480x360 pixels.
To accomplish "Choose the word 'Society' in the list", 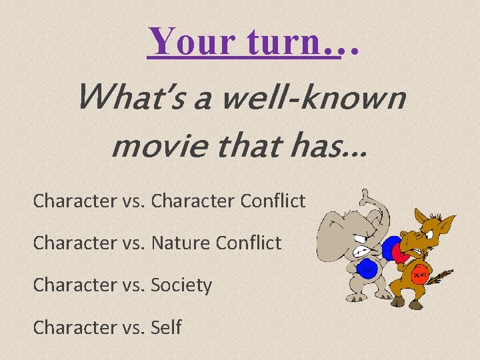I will coord(181,285).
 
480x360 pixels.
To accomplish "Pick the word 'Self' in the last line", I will coord(167,328).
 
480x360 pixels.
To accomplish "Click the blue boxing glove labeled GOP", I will coord(366,268).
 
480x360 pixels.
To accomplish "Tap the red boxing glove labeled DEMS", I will coord(419,273).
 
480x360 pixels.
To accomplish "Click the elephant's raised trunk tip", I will coord(364,195).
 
